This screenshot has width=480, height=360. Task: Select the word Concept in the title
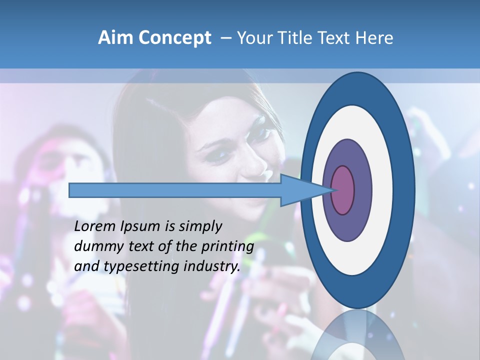click(x=174, y=38)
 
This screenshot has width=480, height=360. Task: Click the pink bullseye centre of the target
click(x=343, y=190)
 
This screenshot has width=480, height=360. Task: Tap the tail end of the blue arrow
click(x=70, y=190)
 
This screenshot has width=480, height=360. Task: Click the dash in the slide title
click(x=225, y=38)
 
